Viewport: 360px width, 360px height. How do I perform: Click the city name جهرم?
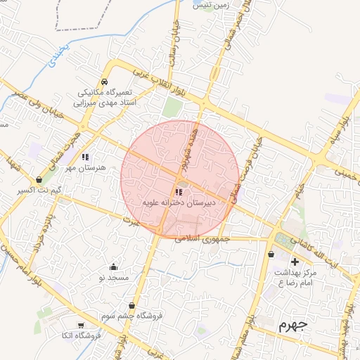tap(293, 325)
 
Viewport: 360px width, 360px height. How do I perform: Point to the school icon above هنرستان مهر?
tap(85, 157)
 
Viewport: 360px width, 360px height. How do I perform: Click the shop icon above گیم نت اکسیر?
tap(38, 180)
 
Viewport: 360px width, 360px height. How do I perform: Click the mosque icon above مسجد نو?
tap(114, 267)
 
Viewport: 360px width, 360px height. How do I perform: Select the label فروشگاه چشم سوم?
tap(136, 316)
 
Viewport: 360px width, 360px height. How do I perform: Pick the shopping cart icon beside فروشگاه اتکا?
tap(81, 325)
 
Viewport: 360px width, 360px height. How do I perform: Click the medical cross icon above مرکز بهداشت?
tap(295, 262)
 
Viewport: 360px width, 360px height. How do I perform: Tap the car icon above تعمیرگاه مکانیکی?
tap(105, 82)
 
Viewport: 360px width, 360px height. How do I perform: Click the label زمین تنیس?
tap(211, 5)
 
